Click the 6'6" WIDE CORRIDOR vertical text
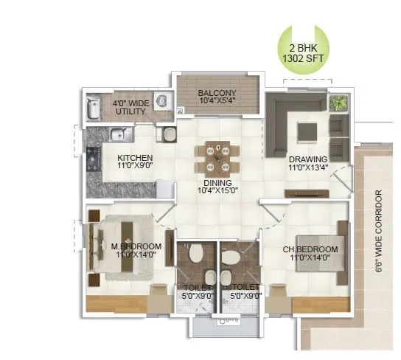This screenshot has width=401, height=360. click(379, 233)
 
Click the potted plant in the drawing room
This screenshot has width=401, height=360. click(338, 103)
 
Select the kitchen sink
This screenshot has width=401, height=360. click(119, 135)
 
